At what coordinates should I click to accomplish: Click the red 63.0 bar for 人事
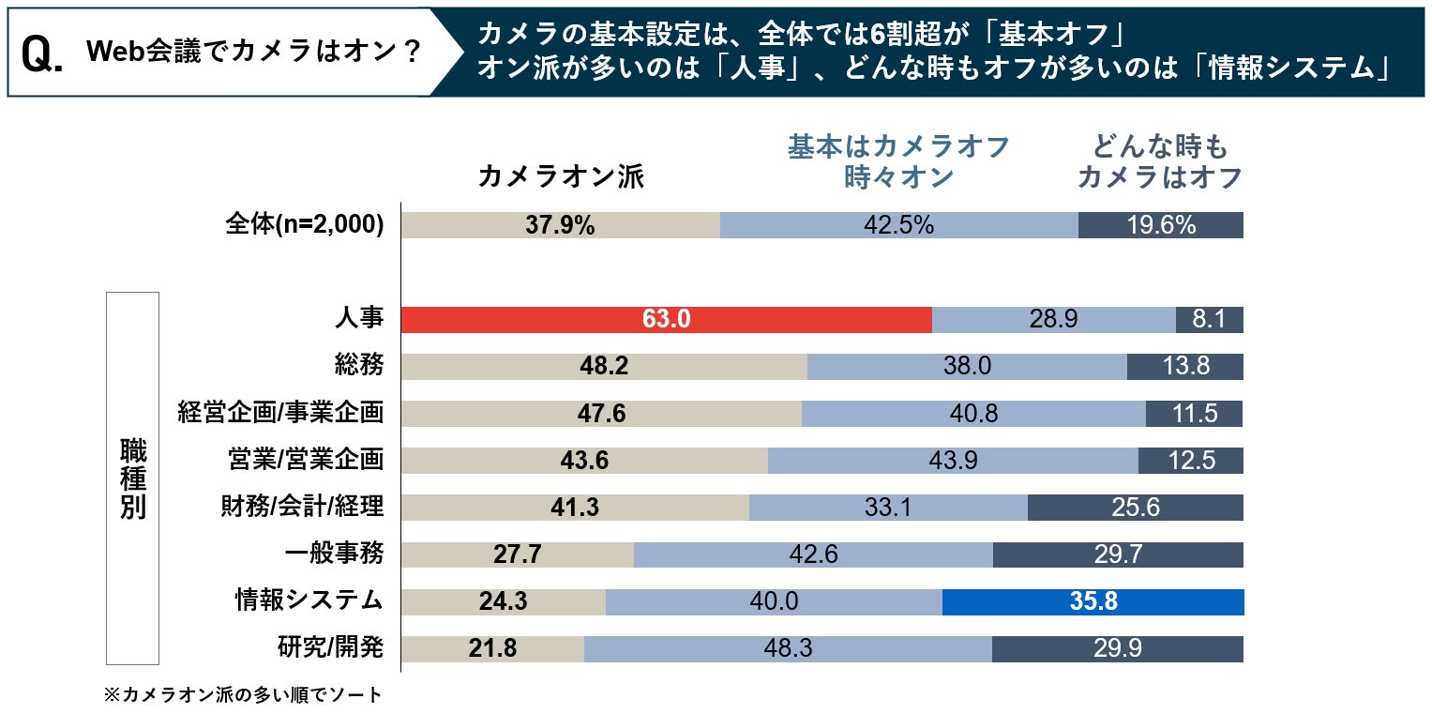coord(666,319)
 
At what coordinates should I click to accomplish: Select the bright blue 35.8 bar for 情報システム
coord(1093,601)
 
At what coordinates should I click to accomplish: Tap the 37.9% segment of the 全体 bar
coord(560,225)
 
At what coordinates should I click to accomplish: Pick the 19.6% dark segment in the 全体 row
coord(1160,225)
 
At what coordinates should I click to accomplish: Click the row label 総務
coord(358,366)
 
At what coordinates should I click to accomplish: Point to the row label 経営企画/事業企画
coord(280,413)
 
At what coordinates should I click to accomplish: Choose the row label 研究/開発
coord(331,648)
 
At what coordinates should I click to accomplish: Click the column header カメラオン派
coord(561,176)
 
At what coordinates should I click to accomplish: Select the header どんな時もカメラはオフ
coord(1159,162)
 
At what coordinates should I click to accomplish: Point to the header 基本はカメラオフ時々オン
coord(898,162)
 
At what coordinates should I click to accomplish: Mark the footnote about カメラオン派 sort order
coord(243,695)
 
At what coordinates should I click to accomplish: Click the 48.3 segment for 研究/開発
coord(788,648)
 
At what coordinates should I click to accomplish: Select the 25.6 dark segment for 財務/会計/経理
coord(1135,508)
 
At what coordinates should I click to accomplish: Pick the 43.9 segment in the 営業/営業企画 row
coord(953,460)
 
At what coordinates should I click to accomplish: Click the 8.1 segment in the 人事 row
coord(1209,319)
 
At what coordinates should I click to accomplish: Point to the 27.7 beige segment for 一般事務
coord(517,554)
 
